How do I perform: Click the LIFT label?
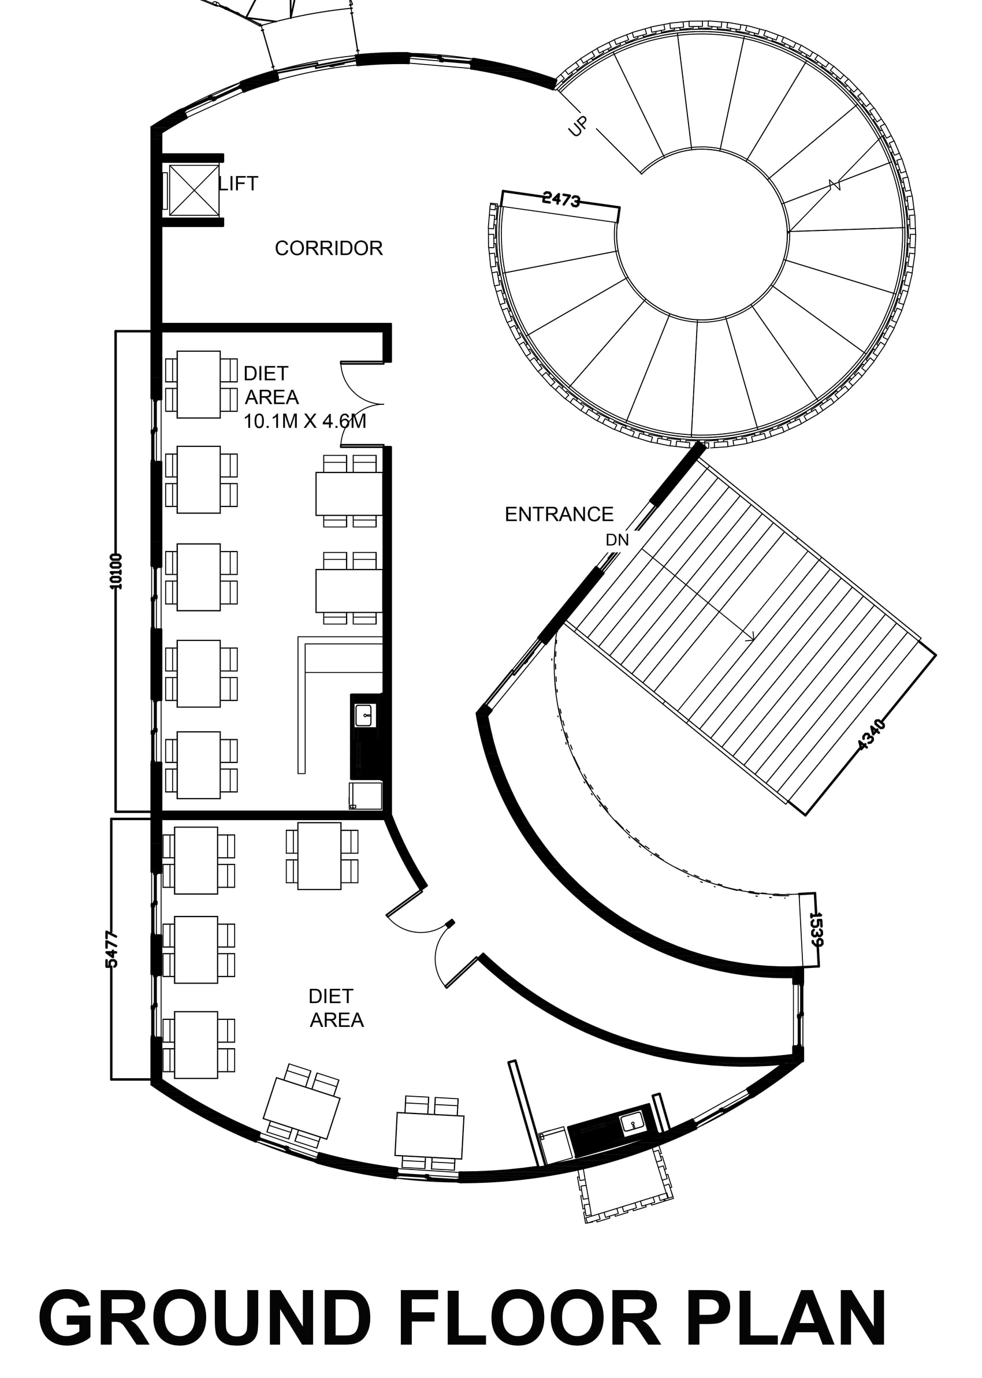tap(238, 183)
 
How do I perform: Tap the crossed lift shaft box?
tap(194, 190)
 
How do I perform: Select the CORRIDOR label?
tap(329, 248)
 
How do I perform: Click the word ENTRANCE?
tap(559, 515)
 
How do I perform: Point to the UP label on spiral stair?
tap(579, 126)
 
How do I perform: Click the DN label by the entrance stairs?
tap(618, 540)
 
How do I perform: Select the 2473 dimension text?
tap(561, 199)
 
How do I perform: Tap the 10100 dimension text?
tap(117, 571)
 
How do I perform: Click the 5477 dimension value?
tap(112, 949)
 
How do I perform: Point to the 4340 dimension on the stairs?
tap(872, 734)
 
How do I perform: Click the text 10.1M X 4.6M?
tap(305, 421)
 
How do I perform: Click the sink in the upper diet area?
tap(365, 715)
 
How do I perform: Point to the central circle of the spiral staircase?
tap(702, 234)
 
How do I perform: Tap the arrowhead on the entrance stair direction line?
tap(752, 635)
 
